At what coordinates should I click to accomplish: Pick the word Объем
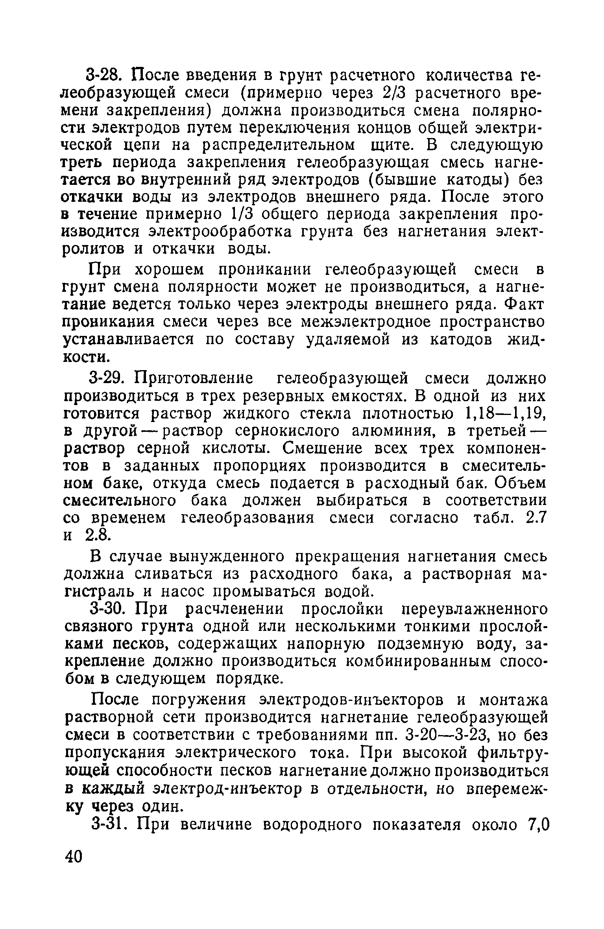point(519,483)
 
